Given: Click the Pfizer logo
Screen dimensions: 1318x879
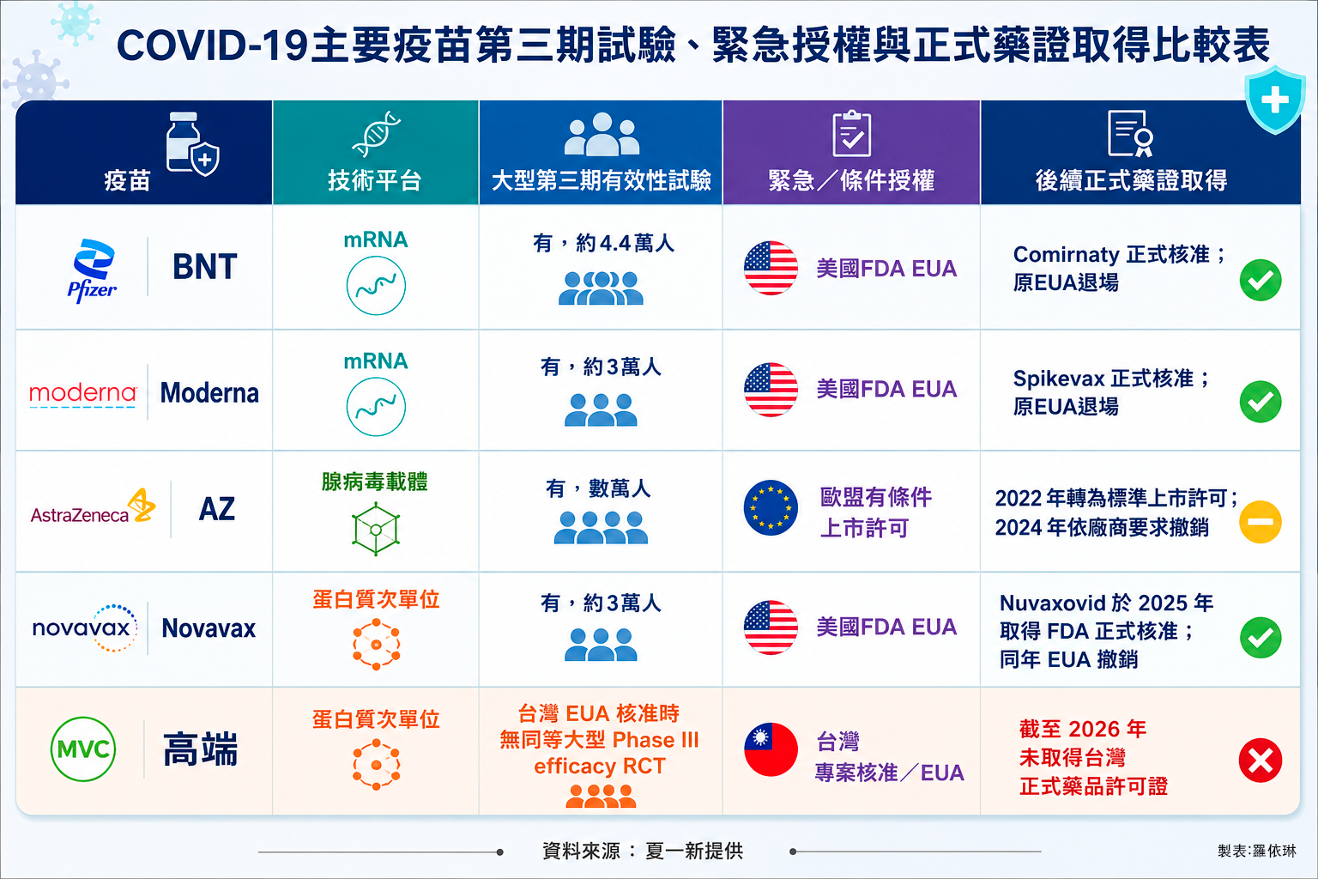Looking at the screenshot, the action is (93, 270).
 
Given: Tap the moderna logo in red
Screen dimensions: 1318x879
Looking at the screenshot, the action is (83, 394).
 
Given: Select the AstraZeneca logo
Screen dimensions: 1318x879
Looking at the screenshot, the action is (93, 507).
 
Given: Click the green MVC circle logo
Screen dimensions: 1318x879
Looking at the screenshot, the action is (83, 749).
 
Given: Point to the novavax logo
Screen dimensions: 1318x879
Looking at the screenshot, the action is (85, 628).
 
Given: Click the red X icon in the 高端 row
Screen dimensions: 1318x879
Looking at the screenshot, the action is (1261, 760).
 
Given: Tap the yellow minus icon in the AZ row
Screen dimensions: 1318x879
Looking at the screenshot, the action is (1261, 522).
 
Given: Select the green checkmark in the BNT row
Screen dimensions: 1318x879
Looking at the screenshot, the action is (1261, 280).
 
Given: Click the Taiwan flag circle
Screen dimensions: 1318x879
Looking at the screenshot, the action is (771, 749).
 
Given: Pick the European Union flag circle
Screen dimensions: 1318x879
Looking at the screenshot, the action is (771, 507).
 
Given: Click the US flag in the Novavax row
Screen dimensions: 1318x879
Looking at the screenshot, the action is (771, 627).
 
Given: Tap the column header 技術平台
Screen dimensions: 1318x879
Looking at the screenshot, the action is (375, 180).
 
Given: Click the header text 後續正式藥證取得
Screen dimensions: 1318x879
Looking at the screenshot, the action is (1132, 180).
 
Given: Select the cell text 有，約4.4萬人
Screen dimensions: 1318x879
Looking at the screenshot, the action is (603, 243).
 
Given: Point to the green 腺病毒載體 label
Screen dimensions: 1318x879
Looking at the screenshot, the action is (375, 482).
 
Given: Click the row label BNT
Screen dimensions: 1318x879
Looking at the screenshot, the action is (205, 267).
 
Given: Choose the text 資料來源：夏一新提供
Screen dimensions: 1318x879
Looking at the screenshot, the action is (643, 851).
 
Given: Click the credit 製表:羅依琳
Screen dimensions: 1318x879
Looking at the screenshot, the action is (1257, 851).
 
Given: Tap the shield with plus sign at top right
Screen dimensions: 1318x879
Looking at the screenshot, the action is (1275, 100).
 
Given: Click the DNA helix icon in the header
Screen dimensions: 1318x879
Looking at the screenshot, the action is (376, 134).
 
